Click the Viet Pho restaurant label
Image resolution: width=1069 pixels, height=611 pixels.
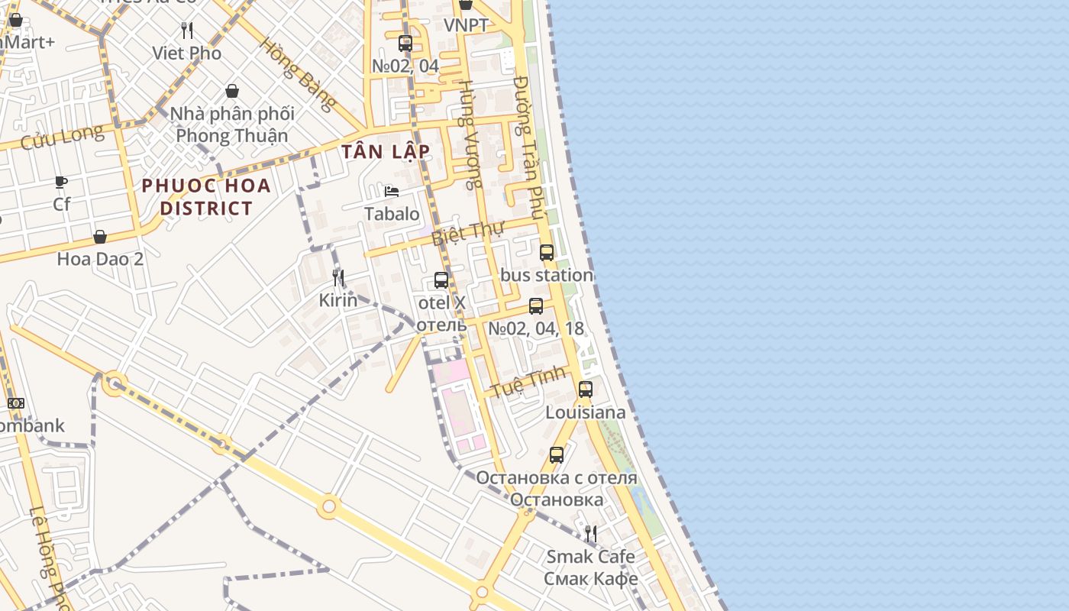[x=187, y=53]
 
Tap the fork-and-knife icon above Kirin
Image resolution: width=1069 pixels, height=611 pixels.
[x=338, y=277]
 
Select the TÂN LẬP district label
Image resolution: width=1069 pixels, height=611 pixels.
[x=386, y=151]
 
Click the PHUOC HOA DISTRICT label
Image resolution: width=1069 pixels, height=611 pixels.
[x=206, y=196]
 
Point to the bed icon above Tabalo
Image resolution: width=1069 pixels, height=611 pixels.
[x=392, y=191]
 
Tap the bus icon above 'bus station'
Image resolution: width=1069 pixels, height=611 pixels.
[x=547, y=253]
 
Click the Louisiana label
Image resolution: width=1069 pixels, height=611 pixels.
[x=585, y=412]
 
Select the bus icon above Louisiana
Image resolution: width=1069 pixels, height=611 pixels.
[x=585, y=390]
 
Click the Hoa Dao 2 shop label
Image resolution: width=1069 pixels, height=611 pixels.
[x=100, y=258]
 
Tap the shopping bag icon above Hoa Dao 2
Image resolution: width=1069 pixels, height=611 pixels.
[x=100, y=237]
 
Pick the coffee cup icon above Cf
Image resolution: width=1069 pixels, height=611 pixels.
[x=61, y=183]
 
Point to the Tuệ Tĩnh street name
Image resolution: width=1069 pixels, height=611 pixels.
[x=528, y=381]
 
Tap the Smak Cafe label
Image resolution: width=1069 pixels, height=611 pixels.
[x=590, y=556]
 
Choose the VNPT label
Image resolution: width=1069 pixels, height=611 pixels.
[x=466, y=25]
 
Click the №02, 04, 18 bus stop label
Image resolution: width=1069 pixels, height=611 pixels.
[x=536, y=328]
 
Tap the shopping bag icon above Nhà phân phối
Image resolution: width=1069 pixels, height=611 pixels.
[x=232, y=92]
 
